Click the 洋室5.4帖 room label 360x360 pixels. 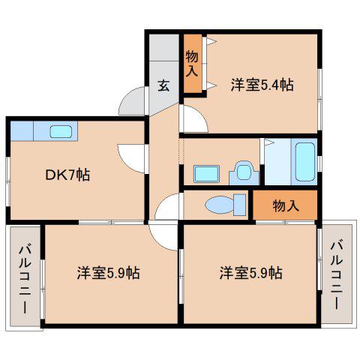(x=262, y=85)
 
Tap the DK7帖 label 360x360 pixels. (x=67, y=175)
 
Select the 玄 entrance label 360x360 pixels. (x=163, y=85)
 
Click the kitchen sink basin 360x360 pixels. (x=61, y=132)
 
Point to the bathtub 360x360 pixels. (x=305, y=162)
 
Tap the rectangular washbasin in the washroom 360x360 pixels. (x=207, y=174)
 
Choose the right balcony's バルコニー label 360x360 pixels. (x=337, y=275)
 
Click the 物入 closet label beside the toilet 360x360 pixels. (x=286, y=206)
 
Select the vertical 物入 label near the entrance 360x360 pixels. (x=192, y=64)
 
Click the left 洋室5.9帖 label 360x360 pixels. (x=108, y=273)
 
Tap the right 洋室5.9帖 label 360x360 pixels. (x=251, y=273)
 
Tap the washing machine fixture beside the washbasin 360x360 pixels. (x=244, y=173)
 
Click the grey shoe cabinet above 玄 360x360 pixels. (x=164, y=47)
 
